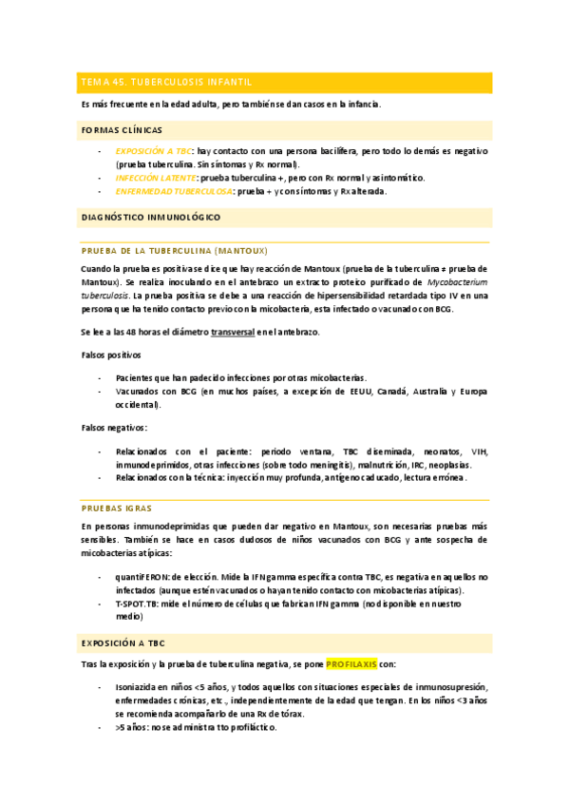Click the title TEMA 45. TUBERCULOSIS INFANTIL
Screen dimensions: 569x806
tap(165, 83)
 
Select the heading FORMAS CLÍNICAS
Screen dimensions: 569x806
tap(122, 129)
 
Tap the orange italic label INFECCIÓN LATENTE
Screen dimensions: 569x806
tap(156, 177)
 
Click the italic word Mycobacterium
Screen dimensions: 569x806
tap(458, 282)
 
